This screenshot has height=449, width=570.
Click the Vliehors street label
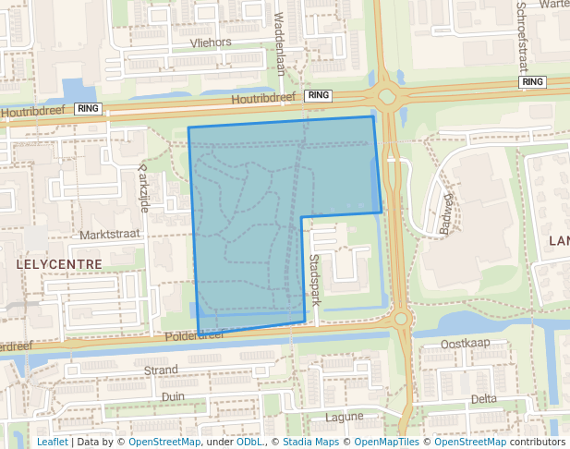[x=210, y=42]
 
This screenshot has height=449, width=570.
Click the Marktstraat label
[x=109, y=235]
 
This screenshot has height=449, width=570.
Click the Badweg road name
[x=450, y=213]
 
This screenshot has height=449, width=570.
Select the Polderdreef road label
[x=194, y=336]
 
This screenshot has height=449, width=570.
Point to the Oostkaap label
[x=464, y=344]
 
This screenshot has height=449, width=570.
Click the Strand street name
[x=162, y=370]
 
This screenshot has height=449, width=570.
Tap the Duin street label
[x=173, y=396]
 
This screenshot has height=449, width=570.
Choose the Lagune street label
[x=345, y=417]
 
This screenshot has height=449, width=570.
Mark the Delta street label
[x=483, y=399]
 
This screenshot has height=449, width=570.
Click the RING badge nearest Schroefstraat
[x=533, y=82]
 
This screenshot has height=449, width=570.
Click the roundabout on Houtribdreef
[x=386, y=95]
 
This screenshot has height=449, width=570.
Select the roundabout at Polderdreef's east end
[x=401, y=319]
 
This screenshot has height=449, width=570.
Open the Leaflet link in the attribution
[x=52, y=442]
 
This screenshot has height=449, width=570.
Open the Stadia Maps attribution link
[x=309, y=442]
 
